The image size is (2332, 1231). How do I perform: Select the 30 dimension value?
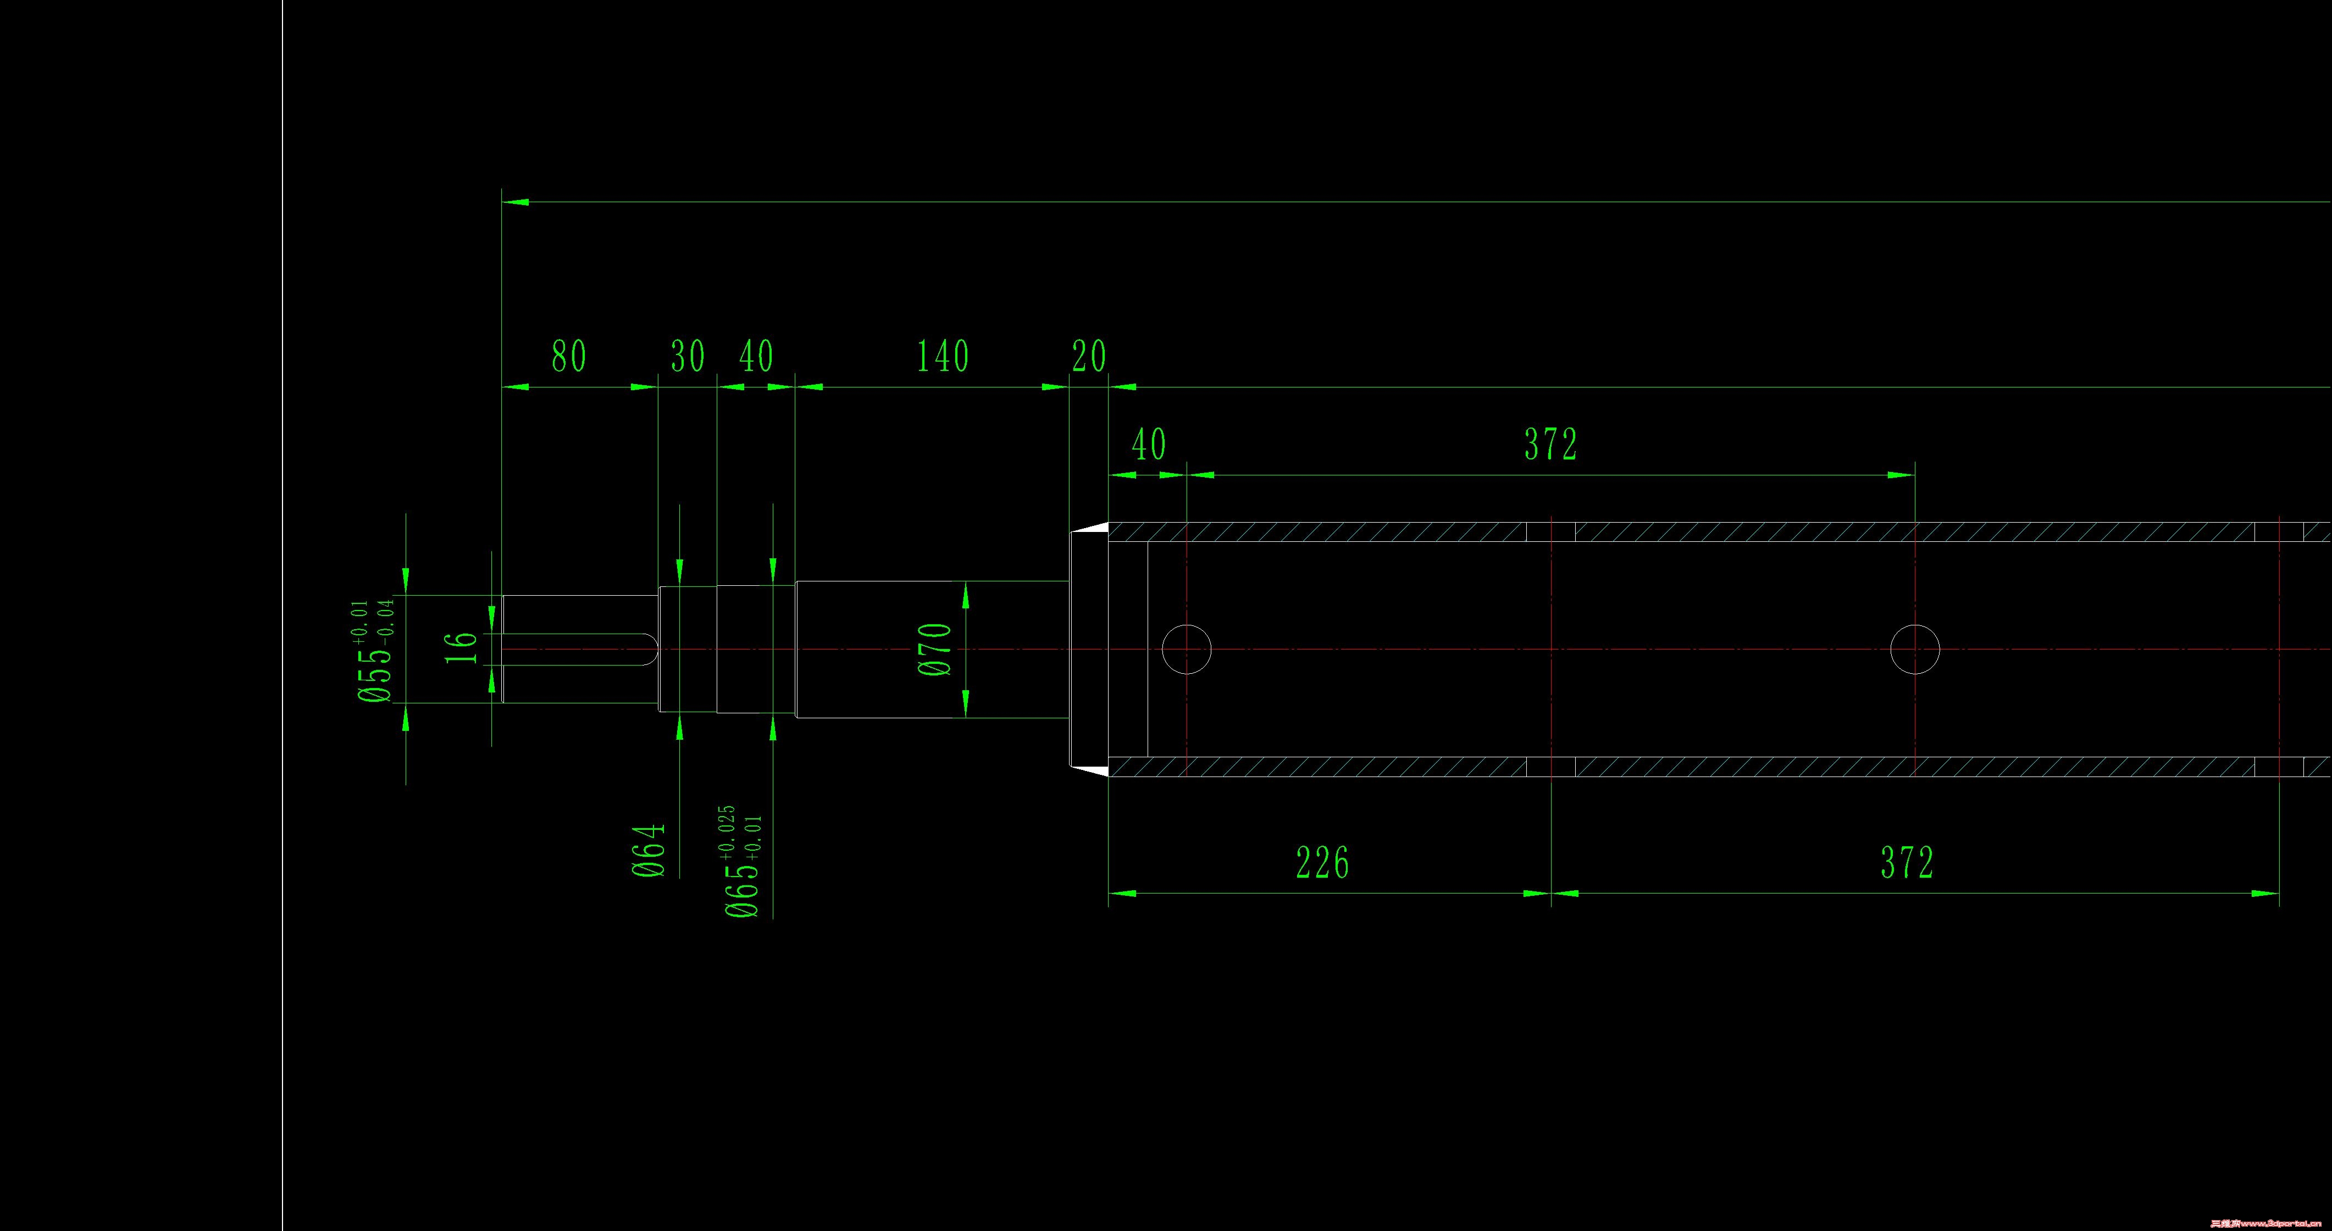687,357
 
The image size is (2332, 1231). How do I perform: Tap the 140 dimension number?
943,357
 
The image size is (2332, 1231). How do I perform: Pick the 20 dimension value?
1088,357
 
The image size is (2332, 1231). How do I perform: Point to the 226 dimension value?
1322,863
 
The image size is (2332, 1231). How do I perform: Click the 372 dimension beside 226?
1907,863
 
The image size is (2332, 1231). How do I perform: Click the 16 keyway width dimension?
461,647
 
